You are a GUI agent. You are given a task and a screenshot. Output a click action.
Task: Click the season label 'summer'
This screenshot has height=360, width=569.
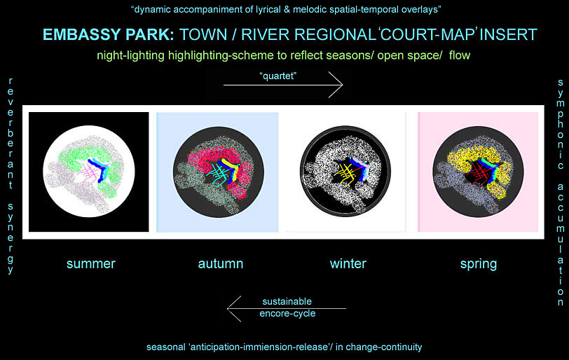pyautogui.click(x=90, y=263)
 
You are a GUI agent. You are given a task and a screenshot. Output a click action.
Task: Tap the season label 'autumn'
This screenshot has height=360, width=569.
pyautogui.click(x=221, y=263)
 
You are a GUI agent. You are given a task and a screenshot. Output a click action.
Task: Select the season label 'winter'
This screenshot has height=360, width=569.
pyautogui.click(x=348, y=263)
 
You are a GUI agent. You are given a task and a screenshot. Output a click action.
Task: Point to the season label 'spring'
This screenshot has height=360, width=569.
pyautogui.click(x=479, y=264)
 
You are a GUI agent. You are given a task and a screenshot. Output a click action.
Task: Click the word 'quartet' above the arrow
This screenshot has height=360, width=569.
pyautogui.click(x=278, y=76)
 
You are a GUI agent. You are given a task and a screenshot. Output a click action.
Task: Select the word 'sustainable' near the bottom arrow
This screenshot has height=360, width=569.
pyautogui.click(x=287, y=301)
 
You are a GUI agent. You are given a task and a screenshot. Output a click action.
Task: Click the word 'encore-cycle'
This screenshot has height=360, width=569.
pyautogui.click(x=287, y=314)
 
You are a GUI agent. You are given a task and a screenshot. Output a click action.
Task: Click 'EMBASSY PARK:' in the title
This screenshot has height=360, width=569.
pyautogui.click(x=109, y=34)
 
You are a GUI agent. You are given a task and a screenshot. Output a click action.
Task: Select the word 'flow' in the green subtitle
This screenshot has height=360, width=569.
pyautogui.click(x=460, y=55)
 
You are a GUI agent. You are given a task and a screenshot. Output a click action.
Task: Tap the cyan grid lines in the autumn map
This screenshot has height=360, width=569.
pyautogui.click(x=217, y=174)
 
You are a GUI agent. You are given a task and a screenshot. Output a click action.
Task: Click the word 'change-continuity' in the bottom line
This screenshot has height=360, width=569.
pyautogui.click(x=384, y=347)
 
